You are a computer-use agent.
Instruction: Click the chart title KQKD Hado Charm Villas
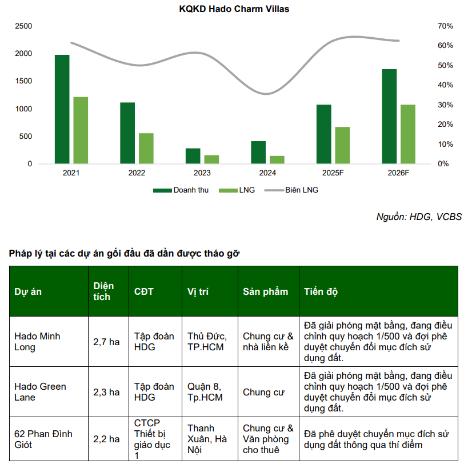coord(234,9)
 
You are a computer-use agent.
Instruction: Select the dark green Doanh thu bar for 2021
coord(62,110)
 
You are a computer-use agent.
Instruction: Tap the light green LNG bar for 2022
coord(146,149)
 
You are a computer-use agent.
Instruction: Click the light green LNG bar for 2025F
coord(342,145)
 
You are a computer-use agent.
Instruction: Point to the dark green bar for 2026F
coord(389,117)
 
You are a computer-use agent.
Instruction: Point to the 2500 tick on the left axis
coord(23,26)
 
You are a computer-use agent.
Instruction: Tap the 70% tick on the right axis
coord(429,26)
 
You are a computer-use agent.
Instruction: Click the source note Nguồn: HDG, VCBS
coord(419,217)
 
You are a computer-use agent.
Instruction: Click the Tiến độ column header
coord(321,291)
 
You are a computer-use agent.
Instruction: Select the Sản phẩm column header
coord(266,291)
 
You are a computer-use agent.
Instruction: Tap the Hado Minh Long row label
coord(37,342)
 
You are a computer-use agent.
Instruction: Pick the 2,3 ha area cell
coord(107,392)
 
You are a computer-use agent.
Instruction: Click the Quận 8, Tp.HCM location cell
coord(205,392)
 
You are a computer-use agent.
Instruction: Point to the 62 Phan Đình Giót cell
coord(43,439)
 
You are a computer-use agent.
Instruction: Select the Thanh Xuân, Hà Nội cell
coord(207,439)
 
